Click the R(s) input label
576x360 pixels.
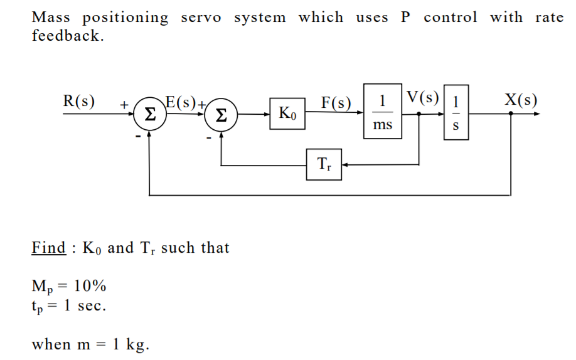[x=79, y=101]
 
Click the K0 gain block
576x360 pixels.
[x=288, y=114]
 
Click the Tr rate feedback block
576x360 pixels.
[x=324, y=164]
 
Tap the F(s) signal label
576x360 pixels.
[x=336, y=102]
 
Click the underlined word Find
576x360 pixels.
[x=48, y=248]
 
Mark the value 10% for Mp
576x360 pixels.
[x=90, y=287]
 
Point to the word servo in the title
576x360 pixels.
[x=201, y=18]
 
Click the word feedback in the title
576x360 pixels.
[x=66, y=35]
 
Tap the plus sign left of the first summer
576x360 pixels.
[x=124, y=104]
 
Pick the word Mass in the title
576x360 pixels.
[x=51, y=18]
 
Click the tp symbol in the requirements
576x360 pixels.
[x=38, y=307]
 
